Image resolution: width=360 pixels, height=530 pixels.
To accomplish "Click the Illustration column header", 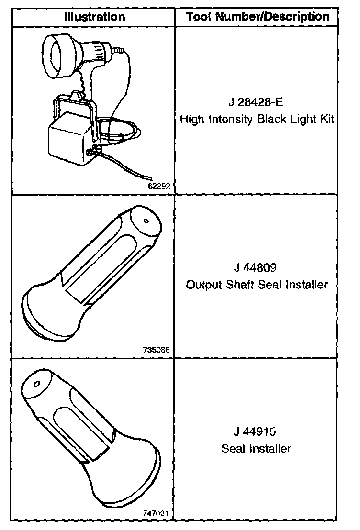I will pyautogui.click(x=94, y=17).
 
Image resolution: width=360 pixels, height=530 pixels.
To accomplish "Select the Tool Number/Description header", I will pyautogui.click(x=258, y=17).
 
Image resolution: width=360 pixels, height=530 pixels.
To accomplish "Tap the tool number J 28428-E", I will pyautogui.click(x=257, y=103).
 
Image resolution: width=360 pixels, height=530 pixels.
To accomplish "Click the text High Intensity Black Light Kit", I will pyautogui.click(x=257, y=119).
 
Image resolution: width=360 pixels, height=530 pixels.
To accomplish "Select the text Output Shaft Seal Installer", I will pyautogui.click(x=257, y=285).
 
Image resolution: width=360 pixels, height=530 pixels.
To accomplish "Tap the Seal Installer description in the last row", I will pyautogui.click(x=257, y=449).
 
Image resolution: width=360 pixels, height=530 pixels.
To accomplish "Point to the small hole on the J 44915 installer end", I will pyautogui.click(x=37, y=384).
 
